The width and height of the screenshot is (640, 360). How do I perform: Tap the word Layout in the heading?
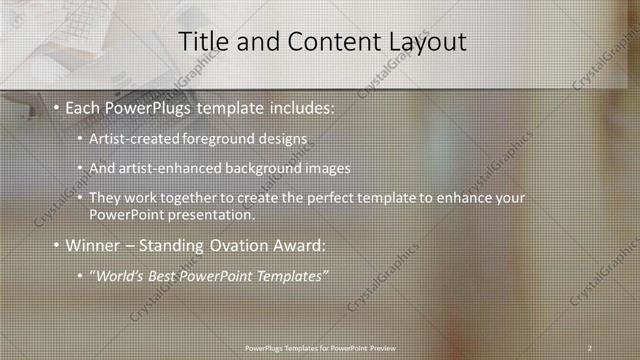(x=427, y=42)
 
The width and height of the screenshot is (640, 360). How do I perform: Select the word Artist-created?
(x=130, y=137)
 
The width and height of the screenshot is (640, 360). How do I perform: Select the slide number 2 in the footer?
(x=590, y=347)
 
